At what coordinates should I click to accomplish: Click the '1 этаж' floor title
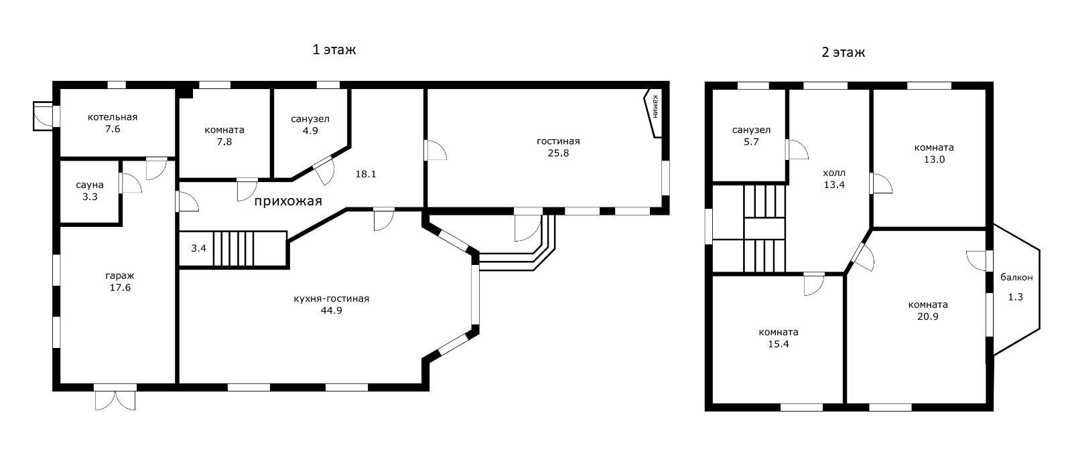point(334,50)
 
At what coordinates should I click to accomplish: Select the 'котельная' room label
point(113,117)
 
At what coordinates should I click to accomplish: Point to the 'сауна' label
point(90,185)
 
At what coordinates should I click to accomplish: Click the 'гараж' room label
point(120,276)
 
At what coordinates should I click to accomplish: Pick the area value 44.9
point(331,310)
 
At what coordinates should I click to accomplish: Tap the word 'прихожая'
point(288,201)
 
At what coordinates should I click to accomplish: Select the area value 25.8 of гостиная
point(558,153)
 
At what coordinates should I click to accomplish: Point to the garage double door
point(115,398)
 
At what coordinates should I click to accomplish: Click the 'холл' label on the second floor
point(834,173)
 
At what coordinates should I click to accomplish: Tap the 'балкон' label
point(1016,277)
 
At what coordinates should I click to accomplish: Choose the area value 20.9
point(927,317)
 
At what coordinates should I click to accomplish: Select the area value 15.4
point(779,345)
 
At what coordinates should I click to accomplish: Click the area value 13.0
point(934,160)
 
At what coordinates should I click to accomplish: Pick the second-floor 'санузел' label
point(751,130)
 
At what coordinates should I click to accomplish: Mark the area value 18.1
point(366,175)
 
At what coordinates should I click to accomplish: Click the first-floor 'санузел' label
point(310,119)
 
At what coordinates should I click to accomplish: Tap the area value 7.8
point(224,142)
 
